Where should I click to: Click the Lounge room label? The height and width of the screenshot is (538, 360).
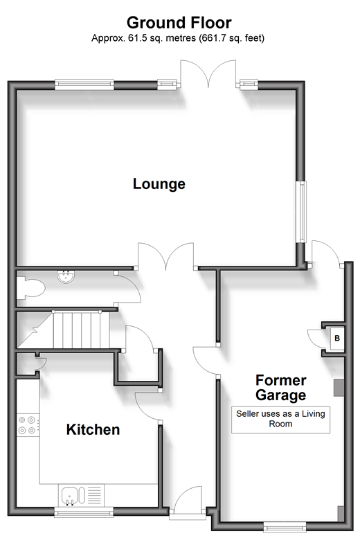tap(159, 184)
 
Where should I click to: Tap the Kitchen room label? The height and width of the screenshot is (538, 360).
tap(93, 429)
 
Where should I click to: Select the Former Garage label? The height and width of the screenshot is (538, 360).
tap(280, 387)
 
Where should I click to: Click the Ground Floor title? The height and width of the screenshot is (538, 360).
tap(179, 23)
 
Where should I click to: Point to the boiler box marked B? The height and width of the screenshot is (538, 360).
tap(336, 339)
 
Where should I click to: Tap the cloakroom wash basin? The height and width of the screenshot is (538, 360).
tap(66, 276)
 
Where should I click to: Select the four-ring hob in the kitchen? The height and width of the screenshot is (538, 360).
tap(28, 425)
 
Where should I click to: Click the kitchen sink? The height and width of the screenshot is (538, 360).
tap(73, 496)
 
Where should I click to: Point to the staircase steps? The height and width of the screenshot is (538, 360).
tap(81, 330)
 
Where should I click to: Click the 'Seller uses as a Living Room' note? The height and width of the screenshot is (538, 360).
tap(280, 419)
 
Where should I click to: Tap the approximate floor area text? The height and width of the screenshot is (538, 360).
tap(178, 38)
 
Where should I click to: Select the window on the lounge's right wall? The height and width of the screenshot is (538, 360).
tap(301, 211)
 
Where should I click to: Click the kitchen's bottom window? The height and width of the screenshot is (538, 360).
tap(84, 513)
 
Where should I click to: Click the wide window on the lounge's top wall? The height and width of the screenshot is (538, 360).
tap(84, 84)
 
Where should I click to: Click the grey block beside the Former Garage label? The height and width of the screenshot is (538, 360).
tap(339, 388)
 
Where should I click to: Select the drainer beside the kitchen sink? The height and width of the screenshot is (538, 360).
tap(95, 495)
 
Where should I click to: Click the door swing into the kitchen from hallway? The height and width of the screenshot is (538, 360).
tap(147, 406)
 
